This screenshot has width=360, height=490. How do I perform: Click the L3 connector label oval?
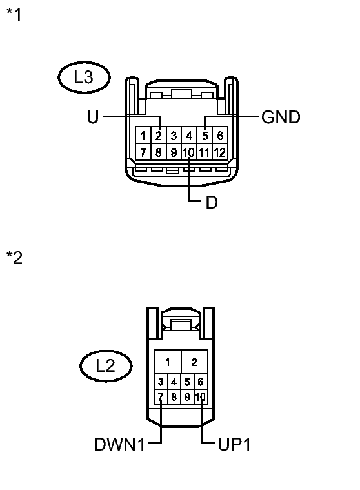(x=84, y=78)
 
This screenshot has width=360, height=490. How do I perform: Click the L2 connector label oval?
(x=105, y=366)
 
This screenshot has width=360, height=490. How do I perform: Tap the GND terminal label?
(x=281, y=117)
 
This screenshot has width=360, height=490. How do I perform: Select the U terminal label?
(x=92, y=117)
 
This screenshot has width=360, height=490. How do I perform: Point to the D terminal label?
(x=212, y=202)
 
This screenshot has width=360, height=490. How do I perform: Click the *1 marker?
(x=14, y=14)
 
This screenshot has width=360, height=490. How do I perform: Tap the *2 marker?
(x=14, y=258)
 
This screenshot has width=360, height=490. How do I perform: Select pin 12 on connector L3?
(x=220, y=153)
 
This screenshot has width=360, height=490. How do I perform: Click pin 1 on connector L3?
(x=143, y=136)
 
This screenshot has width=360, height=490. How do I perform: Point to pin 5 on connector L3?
(x=205, y=136)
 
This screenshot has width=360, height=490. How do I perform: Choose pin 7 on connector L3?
(x=143, y=153)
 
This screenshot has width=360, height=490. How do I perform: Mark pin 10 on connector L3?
(x=189, y=153)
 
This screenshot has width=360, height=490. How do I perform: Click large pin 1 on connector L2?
(x=168, y=362)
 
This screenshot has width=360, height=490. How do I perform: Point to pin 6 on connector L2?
(x=200, y=382)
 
